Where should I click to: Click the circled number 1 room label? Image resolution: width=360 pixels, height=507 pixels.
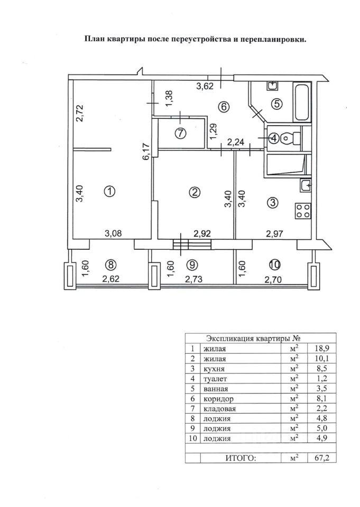point(110,192)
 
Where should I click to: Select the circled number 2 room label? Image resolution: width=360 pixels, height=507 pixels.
point(195,192)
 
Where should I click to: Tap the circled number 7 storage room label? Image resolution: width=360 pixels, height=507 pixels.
point(181,133)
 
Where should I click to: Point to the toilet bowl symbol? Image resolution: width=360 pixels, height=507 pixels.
point(289,138)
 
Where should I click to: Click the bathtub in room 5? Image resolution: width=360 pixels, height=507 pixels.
point(302,102)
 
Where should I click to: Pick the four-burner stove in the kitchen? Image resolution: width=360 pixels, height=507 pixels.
point(303,211)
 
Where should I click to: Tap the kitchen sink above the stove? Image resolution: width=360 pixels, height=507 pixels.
point(306,185)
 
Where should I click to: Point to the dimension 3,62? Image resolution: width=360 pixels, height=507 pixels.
point(206,86)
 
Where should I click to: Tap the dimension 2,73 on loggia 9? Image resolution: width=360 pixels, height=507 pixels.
point(194,279)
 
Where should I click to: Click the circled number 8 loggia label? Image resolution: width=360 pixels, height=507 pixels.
point(110,265)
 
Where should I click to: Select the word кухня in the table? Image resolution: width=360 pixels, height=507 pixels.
point(214,369)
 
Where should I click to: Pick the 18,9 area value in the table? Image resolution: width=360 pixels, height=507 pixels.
point(321,349)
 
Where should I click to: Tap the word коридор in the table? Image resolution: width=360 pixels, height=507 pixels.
point(218,399)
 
